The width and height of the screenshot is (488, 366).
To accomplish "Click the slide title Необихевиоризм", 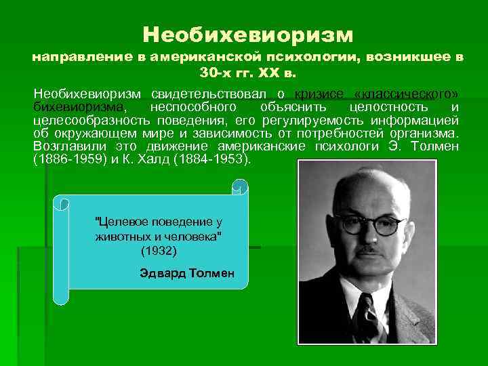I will pos(248,33).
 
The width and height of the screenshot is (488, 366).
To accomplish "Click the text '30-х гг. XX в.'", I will pos(248,71).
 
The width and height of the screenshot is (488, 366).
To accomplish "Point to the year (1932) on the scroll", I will pos(159,251).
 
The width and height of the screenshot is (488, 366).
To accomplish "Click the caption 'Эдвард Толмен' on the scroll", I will pos(186,273).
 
